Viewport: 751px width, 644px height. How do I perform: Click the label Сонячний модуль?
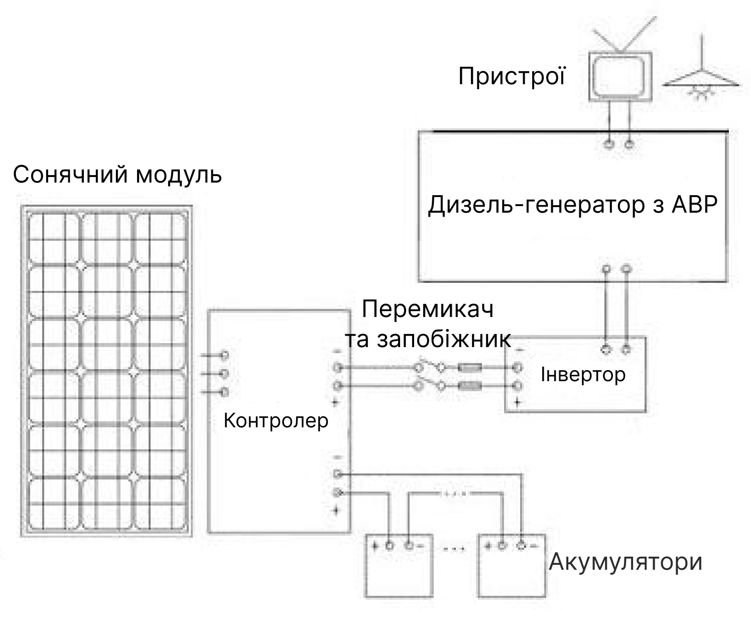[x=117, y=175]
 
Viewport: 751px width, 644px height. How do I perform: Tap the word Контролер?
[x=276, y=421]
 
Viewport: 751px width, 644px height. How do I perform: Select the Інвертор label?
[x=583, y=374]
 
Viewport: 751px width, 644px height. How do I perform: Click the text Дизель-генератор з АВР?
[x=573, y=205]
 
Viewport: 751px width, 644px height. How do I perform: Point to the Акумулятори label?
[x=625, y=562]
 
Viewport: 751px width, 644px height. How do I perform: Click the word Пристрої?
[x=512, y=76]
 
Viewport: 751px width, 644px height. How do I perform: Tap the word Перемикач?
[x=428, y=309]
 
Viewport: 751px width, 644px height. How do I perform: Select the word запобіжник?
[x=444, y=339]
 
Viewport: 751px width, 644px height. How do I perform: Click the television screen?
[x=620, y=76]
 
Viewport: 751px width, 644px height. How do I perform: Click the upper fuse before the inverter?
[x=470, y=368]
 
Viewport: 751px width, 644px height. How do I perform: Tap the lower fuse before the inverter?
[x=470, y=386]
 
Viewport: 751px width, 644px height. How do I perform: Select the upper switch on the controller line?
[x=430, y=365]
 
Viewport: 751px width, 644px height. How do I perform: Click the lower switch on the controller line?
[x=430, y=383]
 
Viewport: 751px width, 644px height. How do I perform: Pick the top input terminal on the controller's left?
[x=225, y=355]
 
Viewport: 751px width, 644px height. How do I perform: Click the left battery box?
[x=399, y=565]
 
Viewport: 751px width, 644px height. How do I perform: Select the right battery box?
[x=512, y=565]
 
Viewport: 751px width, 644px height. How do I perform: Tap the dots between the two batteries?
[x=454, y=549]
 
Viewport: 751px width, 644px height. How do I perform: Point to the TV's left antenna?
[x=607, y=41]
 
